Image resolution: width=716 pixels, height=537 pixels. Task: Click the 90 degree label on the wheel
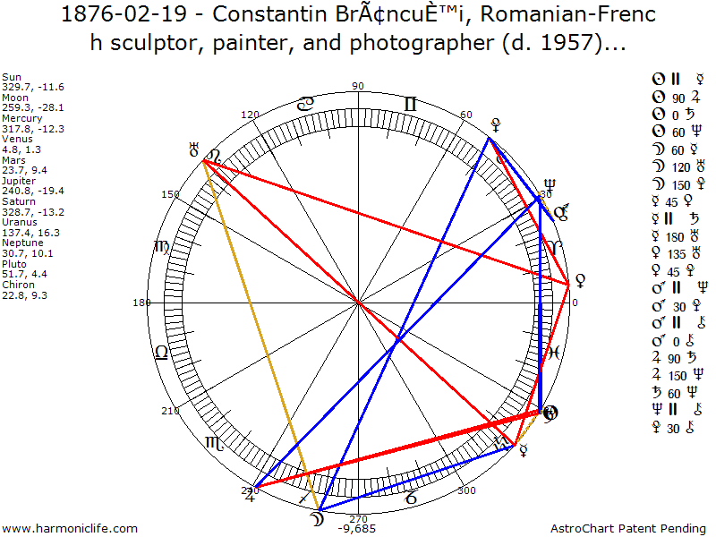(358, 87)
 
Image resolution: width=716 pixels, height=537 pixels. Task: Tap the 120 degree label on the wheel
(251, 115)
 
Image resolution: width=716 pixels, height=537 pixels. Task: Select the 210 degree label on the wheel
(169, 411)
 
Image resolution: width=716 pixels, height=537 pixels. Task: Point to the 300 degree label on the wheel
(465, 490)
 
